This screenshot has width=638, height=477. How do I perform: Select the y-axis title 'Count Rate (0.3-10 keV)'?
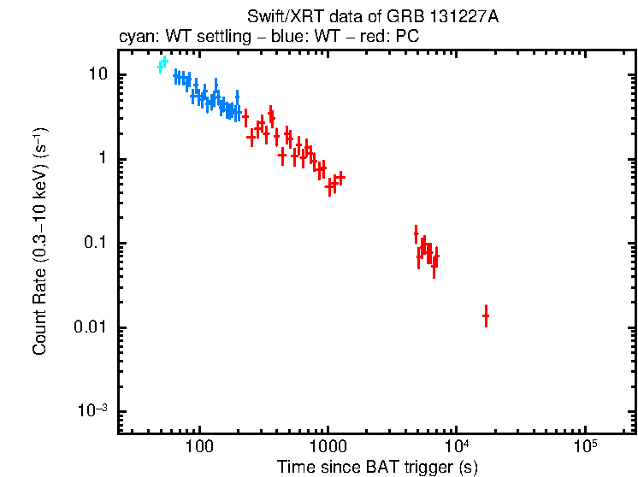pos(40,248)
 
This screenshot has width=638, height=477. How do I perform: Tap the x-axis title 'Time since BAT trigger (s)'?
pos(377,467)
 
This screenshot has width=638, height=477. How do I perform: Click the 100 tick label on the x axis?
pos(199,446)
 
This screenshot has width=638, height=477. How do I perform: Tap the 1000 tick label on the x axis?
pos(328,446)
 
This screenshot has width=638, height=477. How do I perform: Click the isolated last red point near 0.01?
pos(486,316)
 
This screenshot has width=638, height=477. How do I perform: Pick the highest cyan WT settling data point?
pos(165,62)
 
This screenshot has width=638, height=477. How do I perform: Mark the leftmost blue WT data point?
pos(175,77)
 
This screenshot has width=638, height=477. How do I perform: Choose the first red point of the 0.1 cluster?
pos(416,233)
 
